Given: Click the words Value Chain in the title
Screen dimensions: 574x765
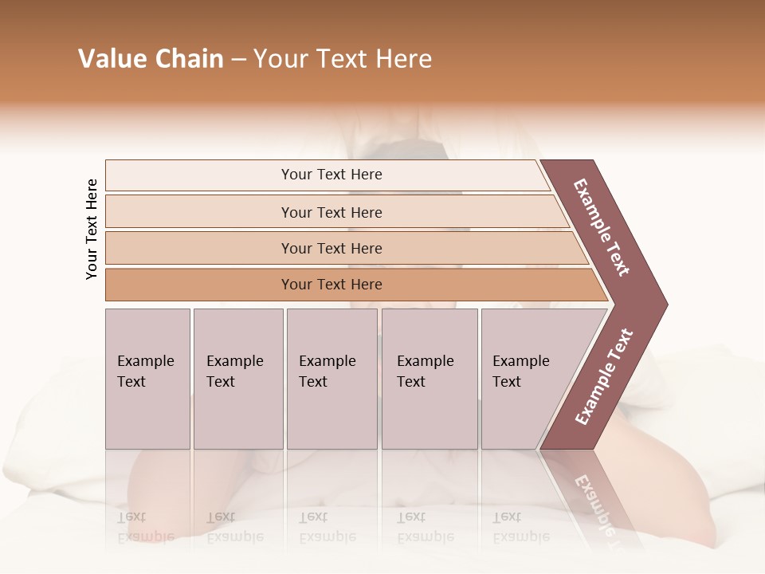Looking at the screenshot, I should click(151, 59).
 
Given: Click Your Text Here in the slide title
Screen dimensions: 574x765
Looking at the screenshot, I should click(343, 59).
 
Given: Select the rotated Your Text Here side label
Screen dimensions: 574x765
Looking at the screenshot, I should click(92, 230).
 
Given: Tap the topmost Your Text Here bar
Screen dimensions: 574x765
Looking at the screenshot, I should click(331, 175).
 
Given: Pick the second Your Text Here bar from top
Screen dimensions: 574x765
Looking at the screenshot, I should click(331, 212).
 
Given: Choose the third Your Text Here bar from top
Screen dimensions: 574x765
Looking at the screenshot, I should click(331, 248).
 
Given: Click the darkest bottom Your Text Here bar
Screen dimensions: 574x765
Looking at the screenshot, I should click(331, 285).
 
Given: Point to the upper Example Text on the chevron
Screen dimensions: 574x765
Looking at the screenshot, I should click(602, 227).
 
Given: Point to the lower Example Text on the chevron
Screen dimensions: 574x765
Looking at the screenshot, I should click(604, 377).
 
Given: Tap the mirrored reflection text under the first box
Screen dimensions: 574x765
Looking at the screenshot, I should click(145, 527).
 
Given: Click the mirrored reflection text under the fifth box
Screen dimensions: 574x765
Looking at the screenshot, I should click(520, 527).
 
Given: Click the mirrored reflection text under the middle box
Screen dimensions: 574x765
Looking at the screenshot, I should click(327, 527).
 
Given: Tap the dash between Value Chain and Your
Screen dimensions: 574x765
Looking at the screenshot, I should click(238, 60).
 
